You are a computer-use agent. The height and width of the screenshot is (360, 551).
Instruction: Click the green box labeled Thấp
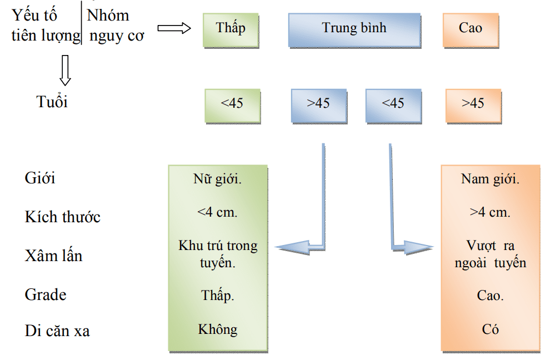[231, 30]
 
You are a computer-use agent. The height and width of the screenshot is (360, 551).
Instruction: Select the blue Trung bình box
[354, 30]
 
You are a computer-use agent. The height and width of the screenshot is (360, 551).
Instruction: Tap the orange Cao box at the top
[471, 30]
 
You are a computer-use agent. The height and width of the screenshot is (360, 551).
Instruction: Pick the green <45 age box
[233, 106]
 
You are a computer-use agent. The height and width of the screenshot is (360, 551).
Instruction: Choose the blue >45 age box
[319, 106]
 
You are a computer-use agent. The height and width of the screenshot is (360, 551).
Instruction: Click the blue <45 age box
[394, 106]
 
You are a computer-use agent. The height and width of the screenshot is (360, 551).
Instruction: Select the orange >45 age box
[474, 106]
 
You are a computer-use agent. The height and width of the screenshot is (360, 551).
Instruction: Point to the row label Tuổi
[52, 102]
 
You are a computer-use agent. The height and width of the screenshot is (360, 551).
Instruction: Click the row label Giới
[39, 178]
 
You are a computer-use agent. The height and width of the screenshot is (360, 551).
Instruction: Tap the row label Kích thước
[63, 217]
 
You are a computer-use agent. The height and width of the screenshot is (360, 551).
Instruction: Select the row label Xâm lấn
[53, 256]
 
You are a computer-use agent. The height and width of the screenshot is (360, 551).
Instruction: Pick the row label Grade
[46, 294]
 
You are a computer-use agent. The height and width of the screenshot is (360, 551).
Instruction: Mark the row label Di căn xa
[57, 331]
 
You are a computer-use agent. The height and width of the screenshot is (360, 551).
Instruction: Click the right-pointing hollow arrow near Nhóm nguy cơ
[174, 28]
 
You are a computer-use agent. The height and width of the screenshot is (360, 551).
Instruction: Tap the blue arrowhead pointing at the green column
[292, 248]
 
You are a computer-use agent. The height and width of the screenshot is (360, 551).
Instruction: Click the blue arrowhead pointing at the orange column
[418, 248]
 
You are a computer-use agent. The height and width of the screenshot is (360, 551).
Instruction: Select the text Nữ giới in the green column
[218, 179]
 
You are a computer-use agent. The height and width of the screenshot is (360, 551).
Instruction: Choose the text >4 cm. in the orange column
[490, 212]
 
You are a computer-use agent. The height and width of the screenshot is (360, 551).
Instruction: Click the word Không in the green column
[218, 329]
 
